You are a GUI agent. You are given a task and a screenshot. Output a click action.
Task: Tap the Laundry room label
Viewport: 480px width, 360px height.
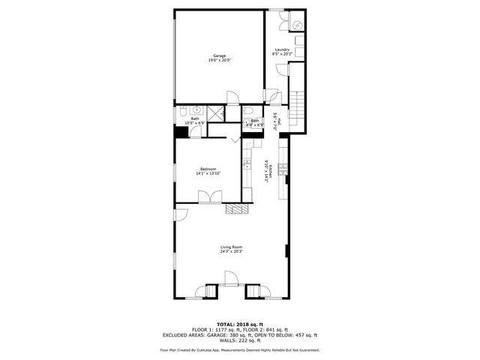coord(282,49)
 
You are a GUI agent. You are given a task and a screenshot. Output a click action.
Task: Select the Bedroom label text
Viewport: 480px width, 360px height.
coord(208,169)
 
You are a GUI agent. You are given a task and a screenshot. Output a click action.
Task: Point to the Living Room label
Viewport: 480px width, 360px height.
coord(231,247)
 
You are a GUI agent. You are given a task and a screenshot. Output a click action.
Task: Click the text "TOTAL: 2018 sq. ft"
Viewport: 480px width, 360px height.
coord(239,323)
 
